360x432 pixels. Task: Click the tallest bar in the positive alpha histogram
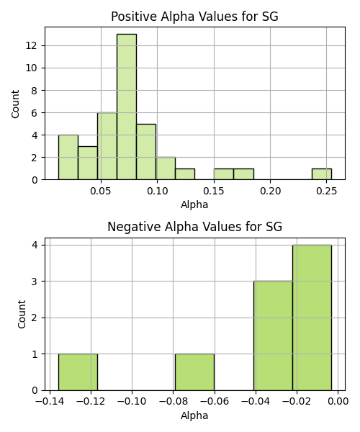(x=127, y=107)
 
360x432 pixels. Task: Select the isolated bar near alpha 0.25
(x=322, y=174)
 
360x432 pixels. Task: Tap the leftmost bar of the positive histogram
(x=68, y=157)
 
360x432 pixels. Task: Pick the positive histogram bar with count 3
(x=88, y=163)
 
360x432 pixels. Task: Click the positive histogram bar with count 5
(x=146, y=152)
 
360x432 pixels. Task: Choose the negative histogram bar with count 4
(x=312, y=318)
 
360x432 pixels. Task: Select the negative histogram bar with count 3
(x=273, y=336)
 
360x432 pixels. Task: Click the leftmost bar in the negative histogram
(x=78, y=372)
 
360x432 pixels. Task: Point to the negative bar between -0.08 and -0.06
(x=194, y=372)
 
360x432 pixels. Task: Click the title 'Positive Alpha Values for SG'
(x=194, y=17)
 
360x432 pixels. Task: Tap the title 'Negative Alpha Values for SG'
(x=194, y=227)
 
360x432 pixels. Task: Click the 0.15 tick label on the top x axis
(x=214, y=191)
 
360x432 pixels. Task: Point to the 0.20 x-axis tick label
(x=270, y=191)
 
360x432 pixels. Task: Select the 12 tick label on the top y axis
(x=31, y=45)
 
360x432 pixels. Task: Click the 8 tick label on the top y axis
(x=34, y=91)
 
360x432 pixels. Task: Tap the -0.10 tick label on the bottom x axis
(x=132, y=402)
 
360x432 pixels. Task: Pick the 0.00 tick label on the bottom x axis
(x=338, y=402)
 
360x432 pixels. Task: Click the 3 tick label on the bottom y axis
(x=35, y=282)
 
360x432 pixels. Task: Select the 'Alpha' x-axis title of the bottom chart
(x=194, y=415)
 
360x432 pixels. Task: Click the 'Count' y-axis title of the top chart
(x=15, y=104)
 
